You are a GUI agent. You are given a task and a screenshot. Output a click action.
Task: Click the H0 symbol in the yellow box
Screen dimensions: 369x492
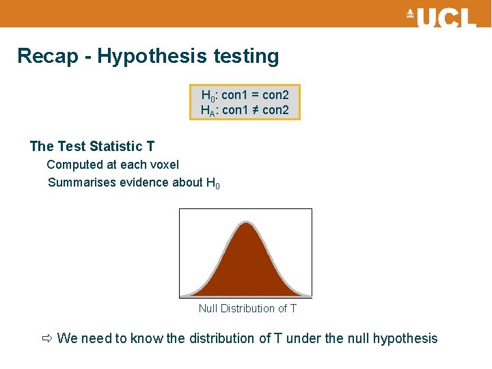pyautogui.click(x=208, y=95)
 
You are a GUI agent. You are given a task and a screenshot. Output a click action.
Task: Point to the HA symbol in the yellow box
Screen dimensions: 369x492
pyautogui.click(x=208, y=110)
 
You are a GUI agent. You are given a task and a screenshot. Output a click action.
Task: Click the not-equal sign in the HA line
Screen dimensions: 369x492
pyautogui.click(x=256, y=110)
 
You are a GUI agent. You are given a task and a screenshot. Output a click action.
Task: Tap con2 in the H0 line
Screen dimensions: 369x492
pyautogui.click(x=275, y=95)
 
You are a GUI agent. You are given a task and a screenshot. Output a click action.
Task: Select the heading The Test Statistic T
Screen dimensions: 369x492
pyautogui.click(x=92, y=146)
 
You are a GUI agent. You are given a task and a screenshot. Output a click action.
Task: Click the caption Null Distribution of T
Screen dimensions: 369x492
pyautogui.click(x=247, y=309)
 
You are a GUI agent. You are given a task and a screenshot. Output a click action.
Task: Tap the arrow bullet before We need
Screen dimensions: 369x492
pyautogui.click(x=46, y=338)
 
